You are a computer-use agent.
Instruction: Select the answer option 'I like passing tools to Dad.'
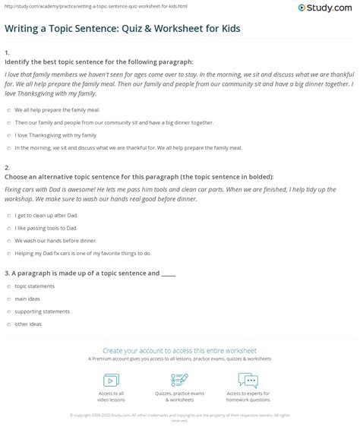(x=46, y=228)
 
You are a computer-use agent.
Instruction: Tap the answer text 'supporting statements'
(x=42, y=311)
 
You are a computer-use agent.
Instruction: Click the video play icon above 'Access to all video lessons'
(x=111, y=381)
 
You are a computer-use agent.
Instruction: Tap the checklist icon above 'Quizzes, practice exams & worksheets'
(x=180, y=381)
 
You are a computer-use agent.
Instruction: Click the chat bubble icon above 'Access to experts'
(x=248, y=381)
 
